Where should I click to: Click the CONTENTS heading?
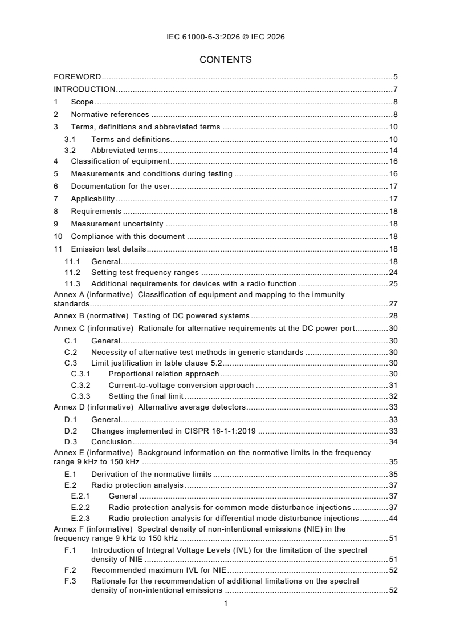pyautogui.click(x=226, y=60)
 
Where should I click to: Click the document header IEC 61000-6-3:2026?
pyautogui.click(x=226, y=37)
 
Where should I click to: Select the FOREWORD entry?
pyautogui.click(x=78, y=76)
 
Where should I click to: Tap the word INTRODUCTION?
pyautogui.click(x=84, y=89)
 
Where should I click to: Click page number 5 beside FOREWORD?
pyautogui.click(x=395, y=76)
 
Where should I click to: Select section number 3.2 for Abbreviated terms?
pyautogui.click(x=70, y=151)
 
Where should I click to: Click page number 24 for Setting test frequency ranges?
pyautogui.click(x=393, y=273)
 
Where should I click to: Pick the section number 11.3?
pyautogui.click(x=72, y=283)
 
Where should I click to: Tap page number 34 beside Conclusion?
pyautogui.click(x=393, y=441)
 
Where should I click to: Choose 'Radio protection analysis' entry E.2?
pyautogui.click(x=137, y=485)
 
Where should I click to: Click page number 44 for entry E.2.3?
pyautogui.click(x=393, y=518)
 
